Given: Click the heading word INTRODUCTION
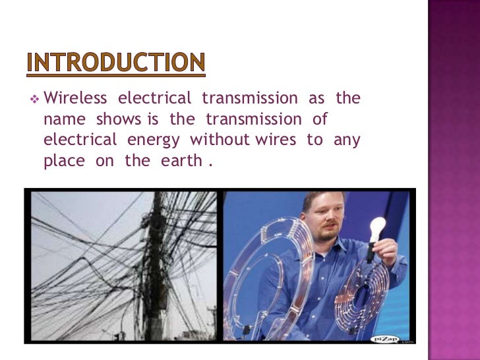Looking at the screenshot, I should pos(115,64).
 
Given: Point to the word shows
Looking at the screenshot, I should pos(119,120).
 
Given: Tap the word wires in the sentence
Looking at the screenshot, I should pos(278,140).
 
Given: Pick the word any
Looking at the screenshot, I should pos(347,141).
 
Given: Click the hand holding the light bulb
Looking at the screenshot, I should pos(382,255).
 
